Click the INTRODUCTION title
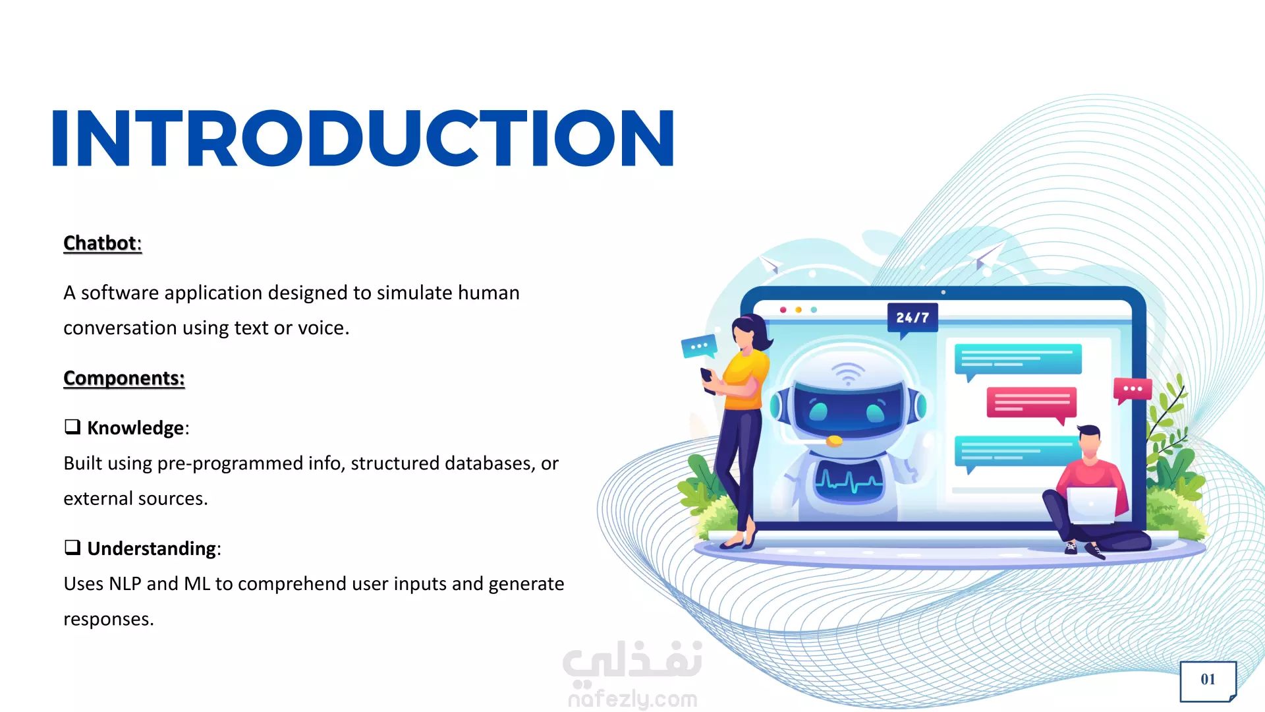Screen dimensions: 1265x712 click(x=363, y=138)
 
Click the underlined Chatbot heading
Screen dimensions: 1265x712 click(x=102, y=243)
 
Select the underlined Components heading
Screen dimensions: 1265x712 click(x=124, y=378)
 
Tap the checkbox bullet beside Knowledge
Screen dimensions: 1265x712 click(x=72, y=427)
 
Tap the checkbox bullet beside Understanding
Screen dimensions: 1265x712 click(x=72, y=547)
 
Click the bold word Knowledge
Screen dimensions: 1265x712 click(x=136, y=428)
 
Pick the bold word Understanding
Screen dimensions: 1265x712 click(x=152, y=549)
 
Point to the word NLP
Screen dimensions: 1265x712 click(x=125, y=584)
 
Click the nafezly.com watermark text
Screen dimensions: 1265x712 click(x=632, y=698)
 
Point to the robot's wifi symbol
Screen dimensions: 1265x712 click(x=848, y=374)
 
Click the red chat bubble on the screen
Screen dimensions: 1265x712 click(x=1031, y=403)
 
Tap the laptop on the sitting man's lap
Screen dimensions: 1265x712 click(x=1092, y=505)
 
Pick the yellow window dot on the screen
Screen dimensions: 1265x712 click(x=799, y=310)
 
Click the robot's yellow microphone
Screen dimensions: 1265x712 click(x=834, y=440)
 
